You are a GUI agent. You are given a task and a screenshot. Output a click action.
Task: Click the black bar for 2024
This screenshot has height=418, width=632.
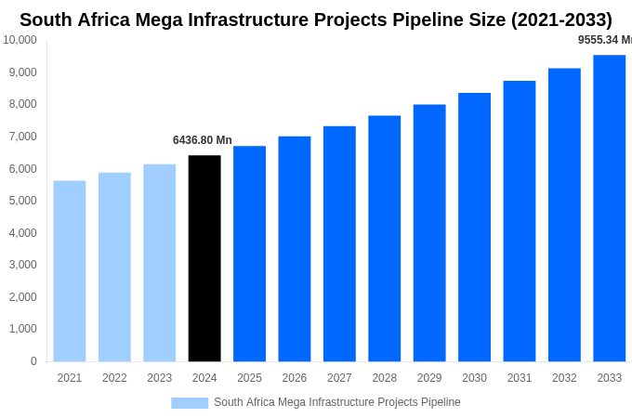pos(204,258)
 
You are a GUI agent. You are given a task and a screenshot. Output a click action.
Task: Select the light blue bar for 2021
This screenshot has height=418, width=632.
pos(70,270)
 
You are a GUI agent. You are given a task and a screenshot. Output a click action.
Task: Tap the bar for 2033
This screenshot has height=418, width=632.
pos(609,208)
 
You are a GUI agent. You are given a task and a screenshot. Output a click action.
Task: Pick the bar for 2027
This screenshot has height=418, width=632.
pos(339,243)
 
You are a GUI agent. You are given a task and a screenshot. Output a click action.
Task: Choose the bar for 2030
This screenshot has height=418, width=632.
pos(474,227)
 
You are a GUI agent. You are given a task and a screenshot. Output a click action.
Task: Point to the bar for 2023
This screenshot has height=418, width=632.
pos(160,263)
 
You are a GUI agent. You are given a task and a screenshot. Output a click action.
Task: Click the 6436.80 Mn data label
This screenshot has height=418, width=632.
pos(203,140)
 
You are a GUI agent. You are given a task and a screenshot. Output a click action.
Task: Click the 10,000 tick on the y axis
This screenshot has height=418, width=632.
pos(20,40)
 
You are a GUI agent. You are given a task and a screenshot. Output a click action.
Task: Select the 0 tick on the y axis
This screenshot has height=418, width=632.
pos(33,361)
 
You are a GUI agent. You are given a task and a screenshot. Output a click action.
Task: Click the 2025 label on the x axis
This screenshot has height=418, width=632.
pos(249,378)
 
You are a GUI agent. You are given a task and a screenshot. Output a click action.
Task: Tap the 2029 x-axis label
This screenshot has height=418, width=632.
pos(429,378)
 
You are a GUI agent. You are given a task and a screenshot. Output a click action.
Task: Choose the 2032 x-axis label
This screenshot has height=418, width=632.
pos(564,378)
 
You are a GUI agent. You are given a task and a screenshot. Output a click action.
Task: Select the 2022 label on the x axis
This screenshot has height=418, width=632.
pos(114,378)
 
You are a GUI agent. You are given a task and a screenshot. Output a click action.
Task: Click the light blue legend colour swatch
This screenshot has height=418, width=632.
pos(190,402)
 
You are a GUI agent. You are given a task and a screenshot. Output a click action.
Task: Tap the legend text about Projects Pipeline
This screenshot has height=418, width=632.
pos(336,402)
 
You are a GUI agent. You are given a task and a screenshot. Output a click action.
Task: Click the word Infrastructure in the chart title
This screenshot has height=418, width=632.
pos(279,20)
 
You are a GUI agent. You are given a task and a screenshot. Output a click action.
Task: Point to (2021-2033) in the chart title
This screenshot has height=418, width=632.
pos(554,20)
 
